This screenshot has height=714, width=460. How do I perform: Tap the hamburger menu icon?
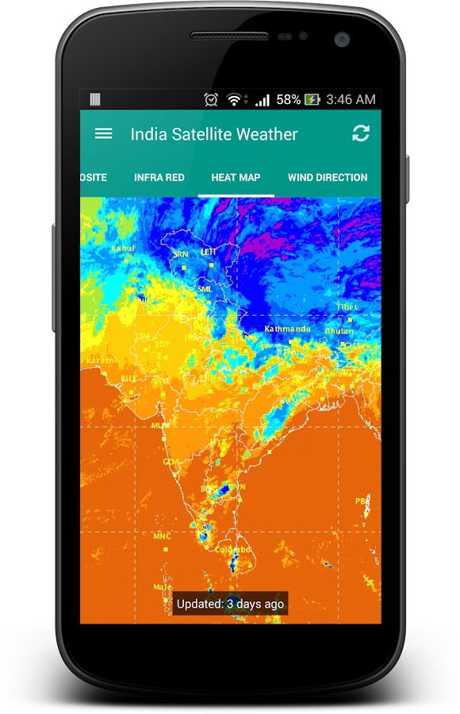point(103,133)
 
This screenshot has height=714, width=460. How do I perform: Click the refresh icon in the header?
point(361,133)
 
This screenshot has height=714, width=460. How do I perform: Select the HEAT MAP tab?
point(236,177)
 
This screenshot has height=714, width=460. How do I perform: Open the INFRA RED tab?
point(159,177)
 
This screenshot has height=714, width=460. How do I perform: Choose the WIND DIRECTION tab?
point(328,177)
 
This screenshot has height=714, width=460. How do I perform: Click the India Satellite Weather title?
point(214,134)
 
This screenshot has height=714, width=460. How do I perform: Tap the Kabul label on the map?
point(124,248)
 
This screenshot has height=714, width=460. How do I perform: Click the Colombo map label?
point(232,550)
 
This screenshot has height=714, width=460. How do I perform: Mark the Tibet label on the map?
point(347,306)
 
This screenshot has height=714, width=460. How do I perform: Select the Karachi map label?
point(101,360)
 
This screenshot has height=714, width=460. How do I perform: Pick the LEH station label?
point(209,251)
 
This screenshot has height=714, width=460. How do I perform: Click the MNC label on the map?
point(162,536)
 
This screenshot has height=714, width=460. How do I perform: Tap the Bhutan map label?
point(339,330)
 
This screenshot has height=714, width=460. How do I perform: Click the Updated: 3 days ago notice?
point(230,604)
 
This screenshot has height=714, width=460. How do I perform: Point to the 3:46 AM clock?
point(351,99)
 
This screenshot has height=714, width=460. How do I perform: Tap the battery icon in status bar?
point(312,100)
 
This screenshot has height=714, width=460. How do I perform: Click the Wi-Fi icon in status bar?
point(234,100)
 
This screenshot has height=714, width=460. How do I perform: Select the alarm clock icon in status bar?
point(211,100)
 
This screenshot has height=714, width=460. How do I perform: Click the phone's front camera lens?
point(342,38)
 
